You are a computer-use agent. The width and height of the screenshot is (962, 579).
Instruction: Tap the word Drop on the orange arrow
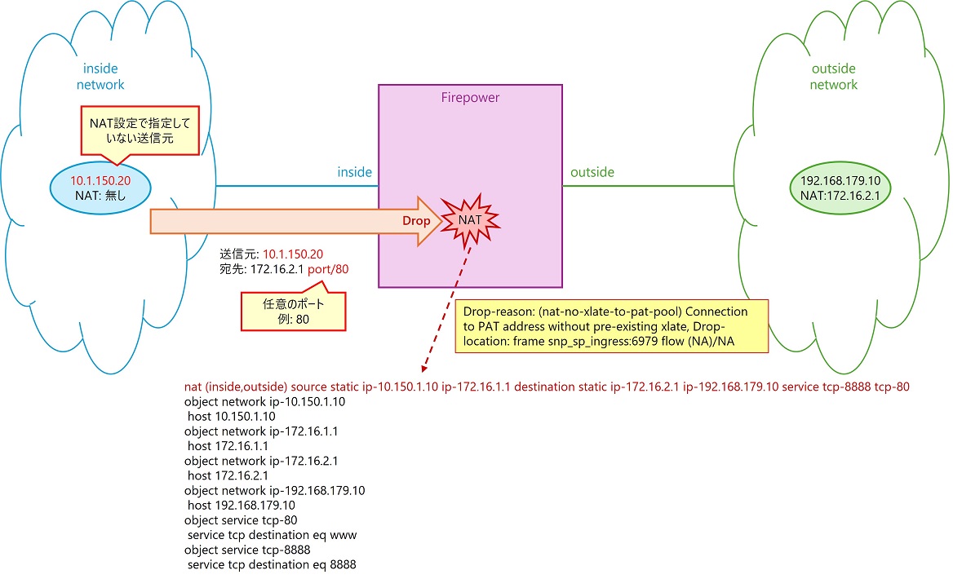pos(415,221)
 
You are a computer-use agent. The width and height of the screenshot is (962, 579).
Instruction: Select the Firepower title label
pos(470,98)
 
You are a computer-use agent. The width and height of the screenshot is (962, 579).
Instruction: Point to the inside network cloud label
pos(100,77)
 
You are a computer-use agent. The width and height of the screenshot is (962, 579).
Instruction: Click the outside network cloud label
pos(834,77)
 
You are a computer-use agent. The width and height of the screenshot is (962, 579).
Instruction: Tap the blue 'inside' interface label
pos(354,172)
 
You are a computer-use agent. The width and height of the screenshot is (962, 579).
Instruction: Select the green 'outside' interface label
pos(592,172)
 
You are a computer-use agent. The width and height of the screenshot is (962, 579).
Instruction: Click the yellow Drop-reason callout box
pos(612,326)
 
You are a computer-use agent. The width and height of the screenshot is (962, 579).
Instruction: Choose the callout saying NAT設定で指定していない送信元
pos(139,130)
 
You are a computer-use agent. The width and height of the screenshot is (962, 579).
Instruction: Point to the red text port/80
pos(332,268)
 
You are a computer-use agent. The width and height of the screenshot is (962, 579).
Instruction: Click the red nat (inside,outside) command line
pos(547,387)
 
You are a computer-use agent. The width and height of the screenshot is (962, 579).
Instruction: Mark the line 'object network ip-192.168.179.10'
pos(274,490)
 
